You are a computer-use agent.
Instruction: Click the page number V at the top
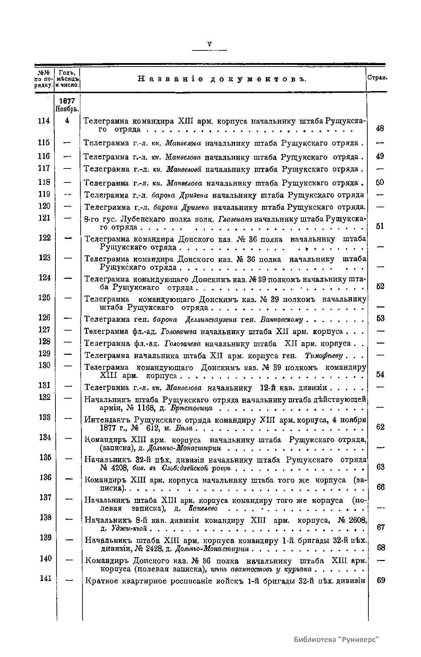click(x=210, y=44)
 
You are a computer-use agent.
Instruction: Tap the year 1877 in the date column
click(x=67, y=101)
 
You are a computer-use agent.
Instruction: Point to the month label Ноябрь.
click(x=67, y=109)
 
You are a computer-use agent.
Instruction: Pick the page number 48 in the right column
click(x=380, y=129)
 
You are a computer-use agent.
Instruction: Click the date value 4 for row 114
click(x=67, y=120)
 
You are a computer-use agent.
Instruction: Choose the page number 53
click(x=380, y=318)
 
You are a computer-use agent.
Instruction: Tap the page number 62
click(x=380, y=427)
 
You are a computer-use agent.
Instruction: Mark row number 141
click(x=45, y=578)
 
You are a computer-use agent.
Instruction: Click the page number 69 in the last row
click(x=381, y=580)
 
